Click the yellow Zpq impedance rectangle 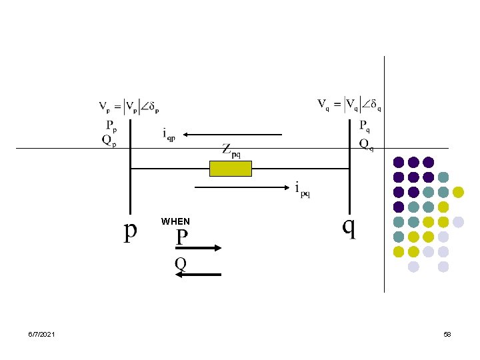point(231,169)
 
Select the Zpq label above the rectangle point(231,151)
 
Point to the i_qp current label point(169,134)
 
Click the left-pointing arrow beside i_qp point(233,135)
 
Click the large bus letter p point(131,230)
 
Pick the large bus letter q point(349,227)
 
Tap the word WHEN point(175,221)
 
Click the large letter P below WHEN point(182,237)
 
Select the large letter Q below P point(181,263)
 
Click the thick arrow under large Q point(199,274)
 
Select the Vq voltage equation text point(349,104)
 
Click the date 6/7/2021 point(42,333)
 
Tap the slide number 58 point(447,333)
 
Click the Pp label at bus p point(109,125)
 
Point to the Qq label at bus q point(366,144)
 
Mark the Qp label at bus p point(109,140)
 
